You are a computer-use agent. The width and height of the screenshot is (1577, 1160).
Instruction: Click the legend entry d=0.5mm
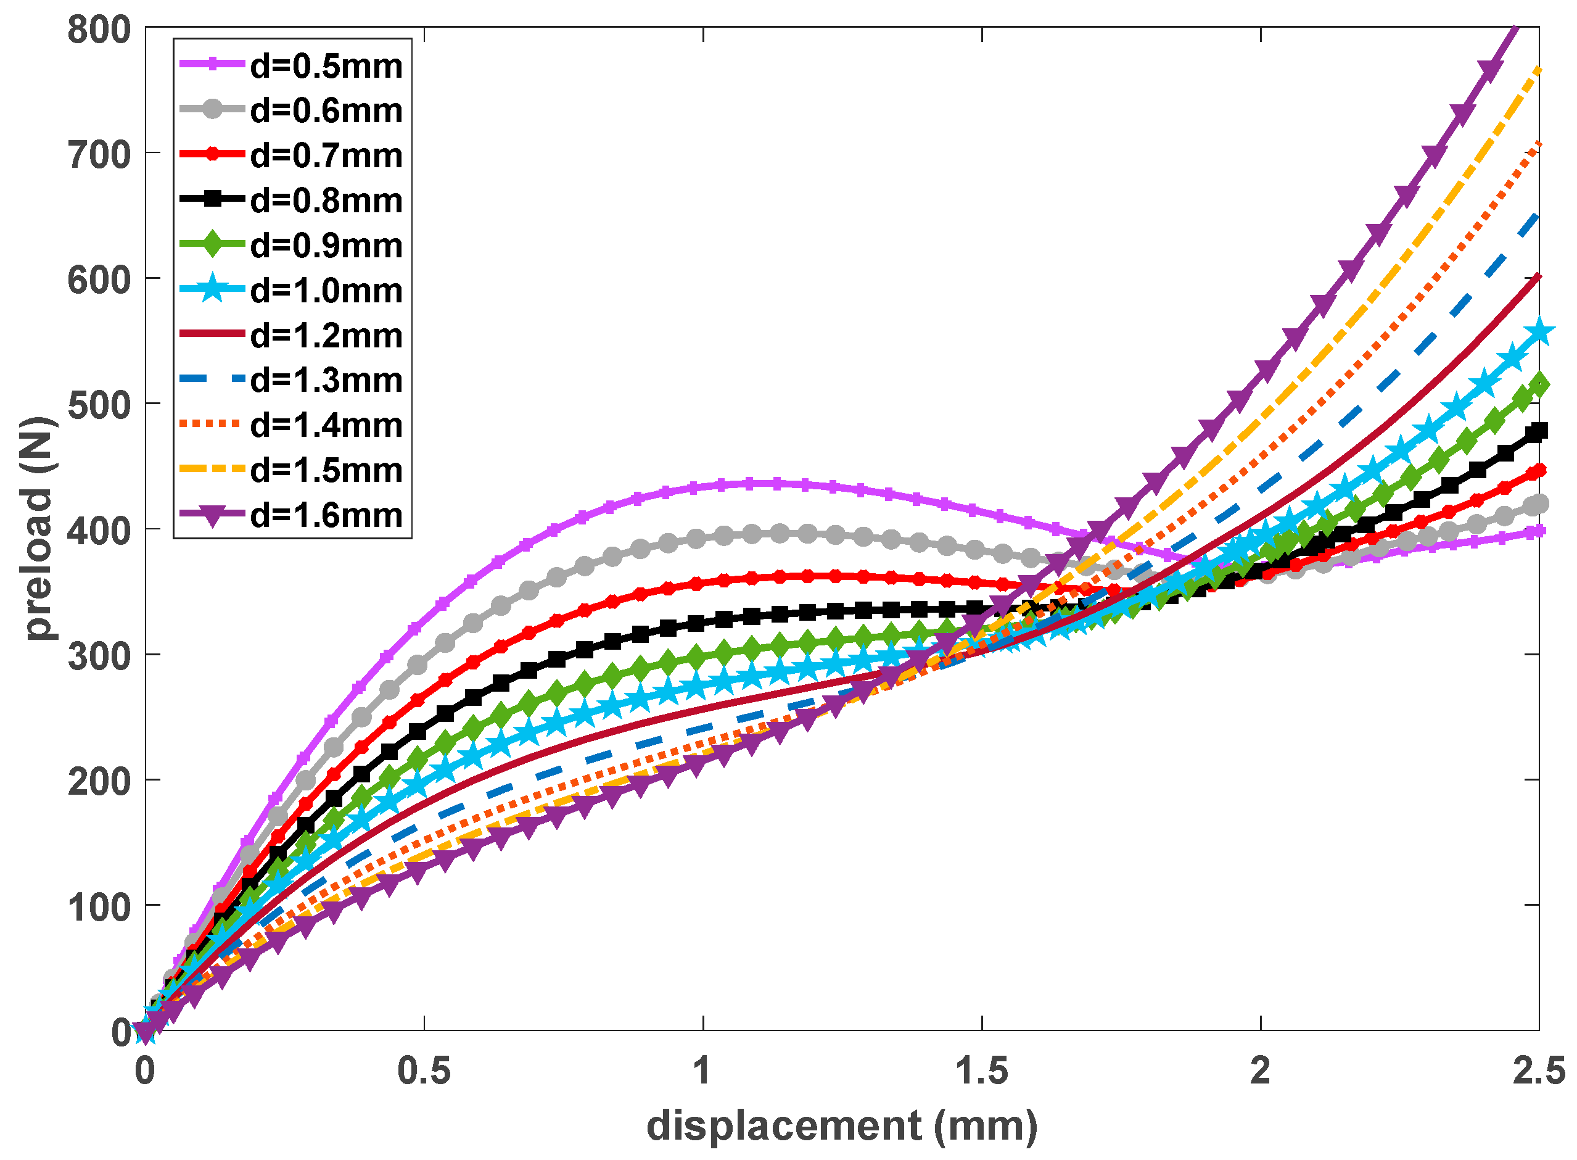326,67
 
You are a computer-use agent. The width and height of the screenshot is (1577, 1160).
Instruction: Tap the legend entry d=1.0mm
326,291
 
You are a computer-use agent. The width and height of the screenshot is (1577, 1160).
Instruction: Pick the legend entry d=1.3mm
326,381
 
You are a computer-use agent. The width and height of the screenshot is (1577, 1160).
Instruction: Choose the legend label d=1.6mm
326,516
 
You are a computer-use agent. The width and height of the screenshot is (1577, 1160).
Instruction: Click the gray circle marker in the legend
212,110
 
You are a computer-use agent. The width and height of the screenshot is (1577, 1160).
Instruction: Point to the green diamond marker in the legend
212,245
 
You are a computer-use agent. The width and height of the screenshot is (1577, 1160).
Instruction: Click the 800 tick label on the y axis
99,30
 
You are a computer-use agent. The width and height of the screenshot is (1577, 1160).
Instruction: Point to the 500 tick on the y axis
99,405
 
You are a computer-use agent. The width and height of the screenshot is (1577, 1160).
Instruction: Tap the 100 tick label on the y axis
99,907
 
